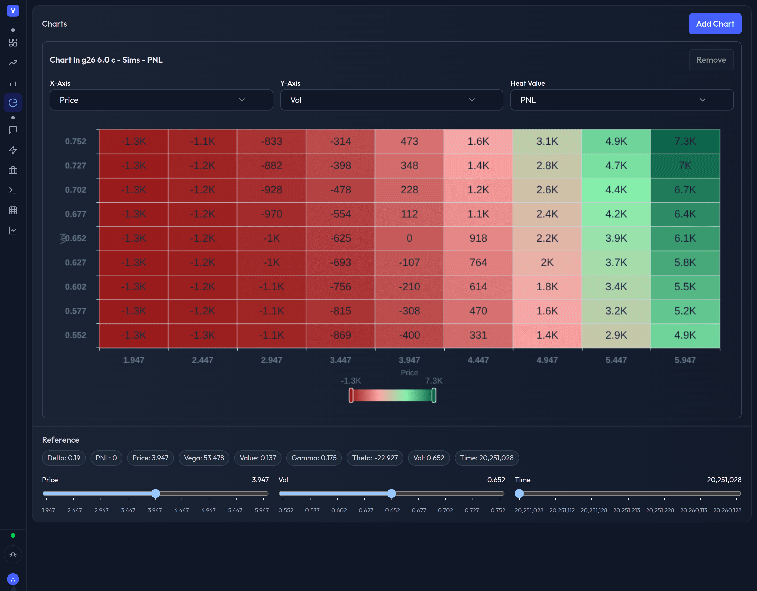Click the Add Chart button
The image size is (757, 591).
coord(715,24)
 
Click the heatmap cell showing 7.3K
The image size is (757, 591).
coord(685,141)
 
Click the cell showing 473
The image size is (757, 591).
coord(409,141)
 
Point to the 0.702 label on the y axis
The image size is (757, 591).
coord(76,190)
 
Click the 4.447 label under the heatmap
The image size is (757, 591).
coord(478,360)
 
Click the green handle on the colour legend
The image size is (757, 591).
coord(434,395)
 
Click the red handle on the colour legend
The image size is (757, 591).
coord(351,395)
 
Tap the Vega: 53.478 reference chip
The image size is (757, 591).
coord(204,458)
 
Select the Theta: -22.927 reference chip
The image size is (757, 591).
coord(375,458)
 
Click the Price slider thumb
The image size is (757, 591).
coord(156,493)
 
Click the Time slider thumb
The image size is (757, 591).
coord(519,493)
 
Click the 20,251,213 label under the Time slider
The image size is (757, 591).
coord(626,510)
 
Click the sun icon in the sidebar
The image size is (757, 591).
coord(13,554)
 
